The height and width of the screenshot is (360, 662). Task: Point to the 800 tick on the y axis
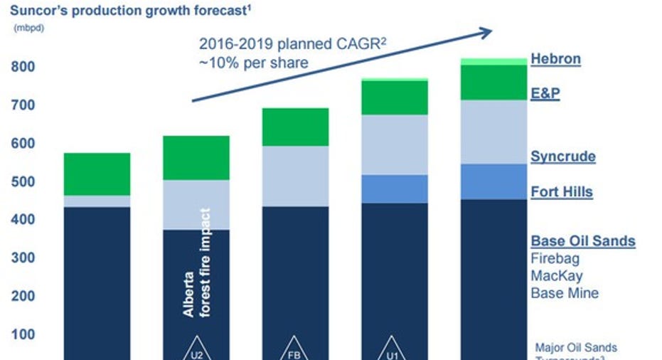click(x=23, y=67)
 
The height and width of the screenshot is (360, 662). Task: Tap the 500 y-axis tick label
click(x=23, y=181)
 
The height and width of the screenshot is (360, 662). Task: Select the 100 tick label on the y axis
click(x=23, y=334)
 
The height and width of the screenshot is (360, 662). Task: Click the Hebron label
click(x=556, y=59)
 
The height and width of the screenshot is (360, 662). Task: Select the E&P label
click(x=545, y=93)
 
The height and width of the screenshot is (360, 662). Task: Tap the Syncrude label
click(x=563, y=157)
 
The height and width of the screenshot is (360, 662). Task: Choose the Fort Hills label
click(x=562, y=191)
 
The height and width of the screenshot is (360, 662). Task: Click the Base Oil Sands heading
click(x=583, y=240)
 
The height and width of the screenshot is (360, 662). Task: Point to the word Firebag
click(x=555, y=258)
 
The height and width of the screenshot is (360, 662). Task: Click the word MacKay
click(x=554, y=275)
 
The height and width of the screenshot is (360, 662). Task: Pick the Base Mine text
click(x=565, y=293)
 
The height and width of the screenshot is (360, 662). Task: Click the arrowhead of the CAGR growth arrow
click(x=486, y=32)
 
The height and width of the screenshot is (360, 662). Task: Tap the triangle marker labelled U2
click(x=196, y=348)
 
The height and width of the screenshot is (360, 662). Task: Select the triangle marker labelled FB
click(x=295, y=348)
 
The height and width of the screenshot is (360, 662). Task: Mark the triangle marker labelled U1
click(x=395, y=348)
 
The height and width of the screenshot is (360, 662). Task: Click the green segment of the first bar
click(x=97, y=174)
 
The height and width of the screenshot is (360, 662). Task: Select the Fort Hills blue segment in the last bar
click(x=493, y=181)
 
